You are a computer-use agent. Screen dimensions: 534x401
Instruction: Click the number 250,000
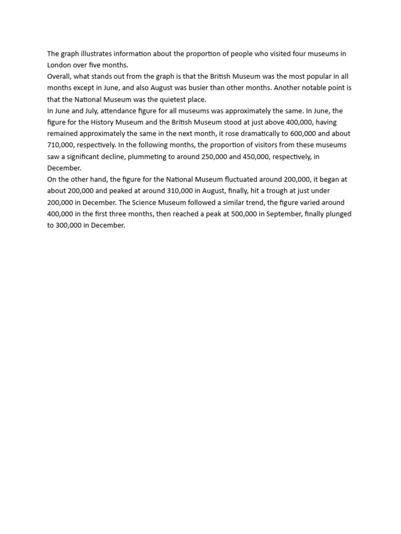[216, 156]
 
